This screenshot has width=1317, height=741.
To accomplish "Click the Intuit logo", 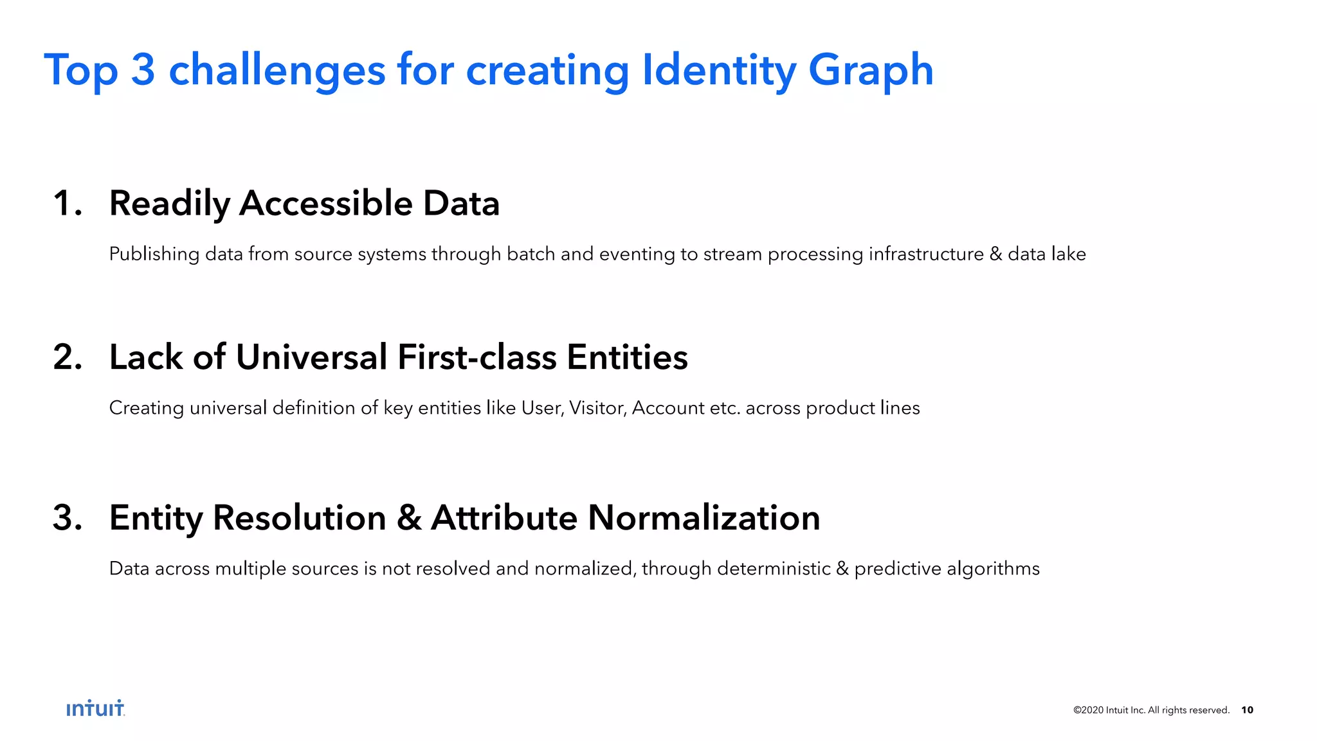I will click(95, 708).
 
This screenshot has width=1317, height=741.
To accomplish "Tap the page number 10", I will click(1247, 710).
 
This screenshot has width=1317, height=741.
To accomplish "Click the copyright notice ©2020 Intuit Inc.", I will click(1151, 710).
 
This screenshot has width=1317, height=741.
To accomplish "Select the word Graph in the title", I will click(870, 70).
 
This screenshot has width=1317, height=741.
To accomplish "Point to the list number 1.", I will click(67, 204).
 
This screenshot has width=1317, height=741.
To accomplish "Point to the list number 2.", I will click(68, 357).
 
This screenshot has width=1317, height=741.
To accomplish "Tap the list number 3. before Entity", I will click(68, 518).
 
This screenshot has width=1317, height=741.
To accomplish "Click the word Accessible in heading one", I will click(325, 204).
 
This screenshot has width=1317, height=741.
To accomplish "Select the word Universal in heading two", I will click(311, 357).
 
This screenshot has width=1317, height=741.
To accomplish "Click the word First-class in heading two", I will click(477, 357).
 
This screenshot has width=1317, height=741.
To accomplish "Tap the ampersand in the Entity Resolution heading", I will click(409, 518).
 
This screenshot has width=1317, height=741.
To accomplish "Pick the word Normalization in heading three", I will click(704, 518).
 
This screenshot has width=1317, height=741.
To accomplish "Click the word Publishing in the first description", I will click(154, 254).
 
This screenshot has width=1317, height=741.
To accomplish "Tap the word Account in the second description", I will click(668, 408).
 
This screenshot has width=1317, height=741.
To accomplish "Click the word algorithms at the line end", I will click(993, 569).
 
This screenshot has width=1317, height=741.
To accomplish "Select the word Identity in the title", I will click(719, 70).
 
